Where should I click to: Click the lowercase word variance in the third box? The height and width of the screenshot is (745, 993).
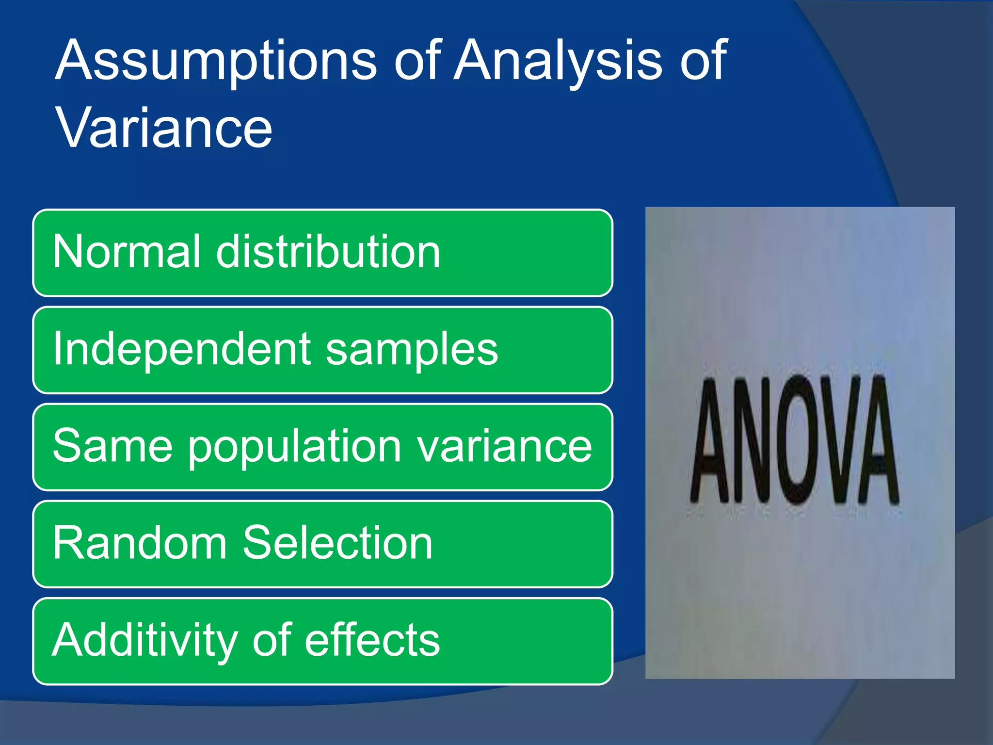pos(504,446)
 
